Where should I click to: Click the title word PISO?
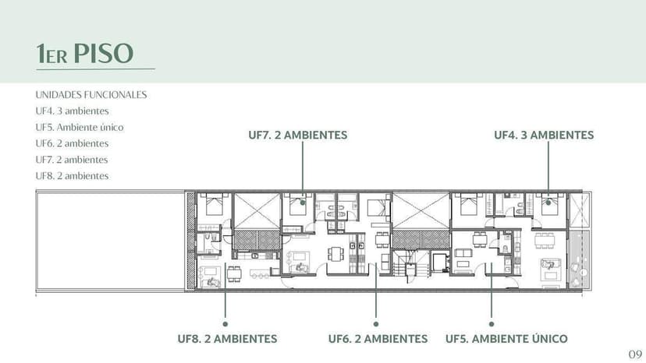tap(104, 54)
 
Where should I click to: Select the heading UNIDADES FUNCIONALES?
tap(91, 95)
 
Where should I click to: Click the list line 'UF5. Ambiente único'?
tap(80, 127)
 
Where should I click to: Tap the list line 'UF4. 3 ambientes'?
tap(72, 111)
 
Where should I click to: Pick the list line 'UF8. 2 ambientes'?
tap(72, 176)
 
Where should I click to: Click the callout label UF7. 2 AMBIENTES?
tap(297, 135)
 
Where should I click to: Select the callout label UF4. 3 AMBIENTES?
tap(544, 135)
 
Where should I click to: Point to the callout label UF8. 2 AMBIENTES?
tap(227, 339)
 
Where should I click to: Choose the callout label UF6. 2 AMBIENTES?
tap(378, 339)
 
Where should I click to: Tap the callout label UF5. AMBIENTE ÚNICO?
tap(506, 339)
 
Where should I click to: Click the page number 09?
tap(635, 354)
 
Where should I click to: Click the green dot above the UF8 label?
tap(225, 323)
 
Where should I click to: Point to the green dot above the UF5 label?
tap(492, 323)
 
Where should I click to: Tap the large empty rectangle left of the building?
tap(109, 241)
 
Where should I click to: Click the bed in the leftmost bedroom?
tap(212, 207)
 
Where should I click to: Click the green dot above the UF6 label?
tap(376, 323)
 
